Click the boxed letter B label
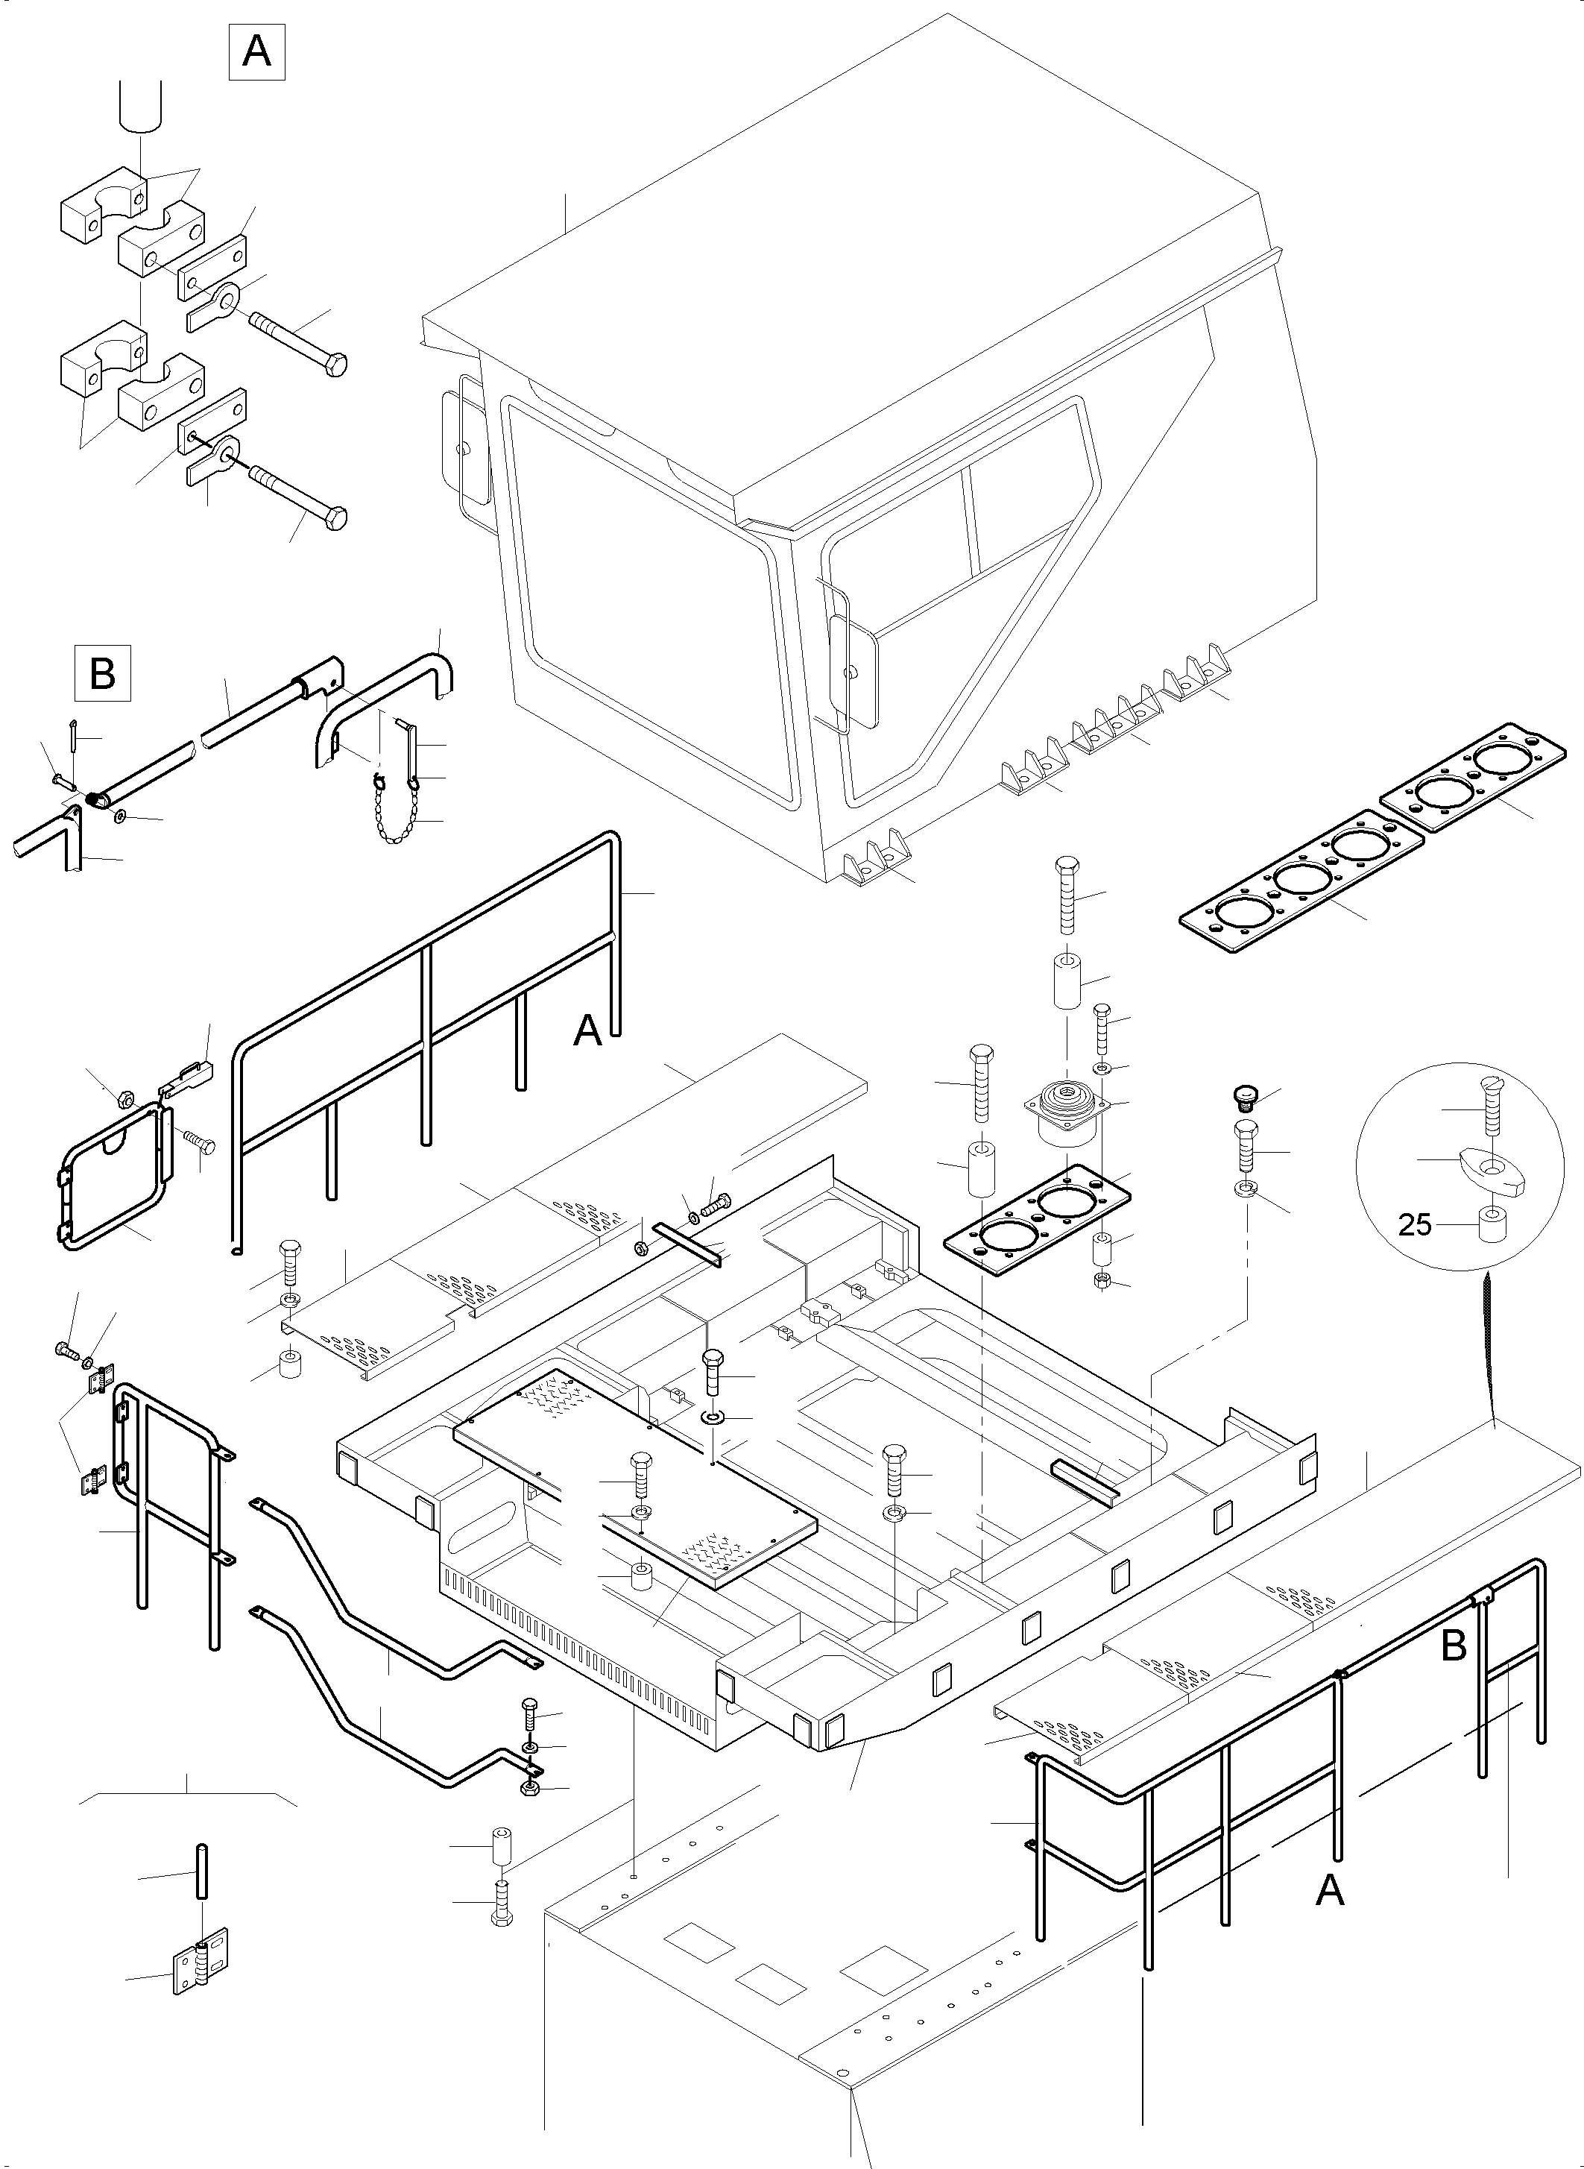pos(103,674)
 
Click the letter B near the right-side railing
pos(1454,1646)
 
